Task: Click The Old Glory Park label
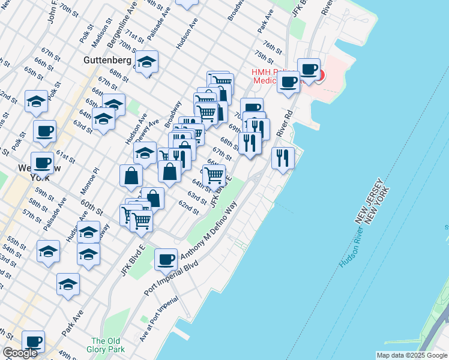pyautogui.click(x=108, y=345)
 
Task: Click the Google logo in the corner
pyautogui.click(x=20, y=353)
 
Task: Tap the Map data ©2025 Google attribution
pyautogui.click(x=411, y=355)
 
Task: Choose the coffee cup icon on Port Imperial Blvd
pyautogui.click(x=166, y=259)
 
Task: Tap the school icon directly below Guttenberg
pyautogui.click(x=146, y=62)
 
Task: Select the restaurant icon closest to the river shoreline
pyautogui.click(x=283, y=158)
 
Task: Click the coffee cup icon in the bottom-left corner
pyautogui.click(x=34, y=341)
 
